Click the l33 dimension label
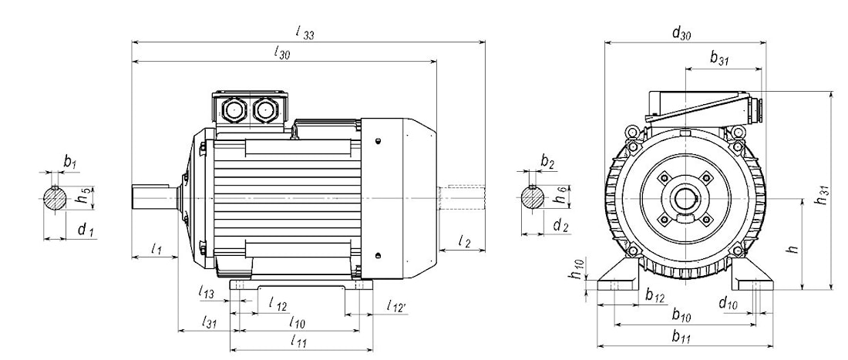coord(306,32)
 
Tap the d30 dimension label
coord(681,32)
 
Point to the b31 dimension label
coord(720,58)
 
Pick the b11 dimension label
coord(681,336)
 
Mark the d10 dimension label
coord(729,304)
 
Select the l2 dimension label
coord(463,241)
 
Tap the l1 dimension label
coord(156,249)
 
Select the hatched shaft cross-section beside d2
coord(531,198)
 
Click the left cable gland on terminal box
coord(234,109)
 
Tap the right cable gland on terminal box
coord(266,109)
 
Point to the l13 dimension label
coord(207,293)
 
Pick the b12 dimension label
coord(655,296)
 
